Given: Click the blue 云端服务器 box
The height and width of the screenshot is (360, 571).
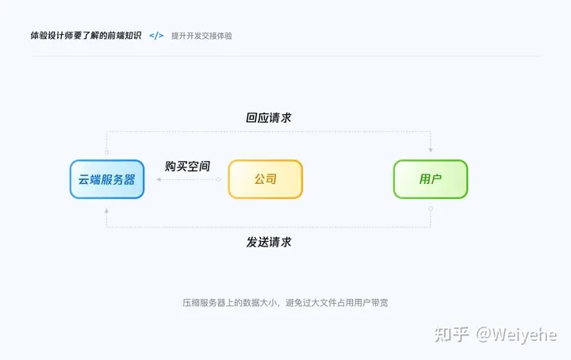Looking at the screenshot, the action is click(x=106, y=179).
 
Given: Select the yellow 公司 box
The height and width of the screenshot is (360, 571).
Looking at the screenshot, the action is click(x=266, y=179).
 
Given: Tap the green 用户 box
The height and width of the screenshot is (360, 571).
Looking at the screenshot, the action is click(x=431, y=179).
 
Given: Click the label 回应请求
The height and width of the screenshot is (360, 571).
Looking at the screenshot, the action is click(x=269, y=117).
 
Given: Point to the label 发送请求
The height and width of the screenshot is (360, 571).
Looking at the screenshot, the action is click(x=269, y=242).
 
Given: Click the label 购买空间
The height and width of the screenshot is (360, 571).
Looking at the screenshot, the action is click(x=187, y=167).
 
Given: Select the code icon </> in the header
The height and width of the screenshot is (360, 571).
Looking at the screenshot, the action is click(x=157, y=36).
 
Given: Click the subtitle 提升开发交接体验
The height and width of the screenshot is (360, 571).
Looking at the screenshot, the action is click(x=201, y=36).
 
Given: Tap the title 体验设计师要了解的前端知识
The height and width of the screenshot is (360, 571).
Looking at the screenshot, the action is click(x=86, y=36).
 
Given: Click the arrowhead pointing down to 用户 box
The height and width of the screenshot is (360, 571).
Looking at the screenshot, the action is click(x=431, y=149).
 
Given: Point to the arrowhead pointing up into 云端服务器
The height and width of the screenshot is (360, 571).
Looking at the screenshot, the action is click(x=106, y=211).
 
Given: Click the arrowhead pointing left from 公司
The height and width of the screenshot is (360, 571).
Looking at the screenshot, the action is click(x=159, y=180).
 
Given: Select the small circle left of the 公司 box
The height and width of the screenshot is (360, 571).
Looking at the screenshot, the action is click(x=218, y=180).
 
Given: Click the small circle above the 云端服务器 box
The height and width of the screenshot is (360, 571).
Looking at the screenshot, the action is click(x=106, y=151).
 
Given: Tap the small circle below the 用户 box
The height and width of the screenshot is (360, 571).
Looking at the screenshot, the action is click(x=431, y=209).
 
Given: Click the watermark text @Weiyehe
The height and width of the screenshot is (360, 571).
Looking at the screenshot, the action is click(x=516, y=335).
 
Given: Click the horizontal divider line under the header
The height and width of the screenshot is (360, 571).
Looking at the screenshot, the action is click(x=285, y=56).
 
